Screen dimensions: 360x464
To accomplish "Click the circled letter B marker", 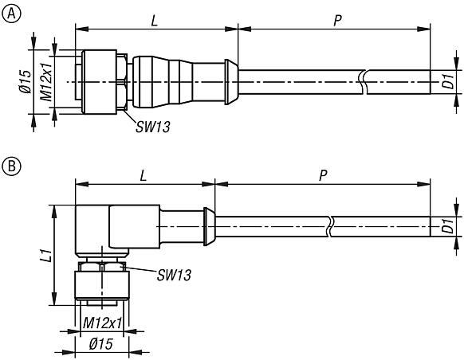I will pos(10,167).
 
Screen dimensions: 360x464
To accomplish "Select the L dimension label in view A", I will pos(155,19).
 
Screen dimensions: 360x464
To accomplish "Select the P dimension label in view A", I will pos(338,19).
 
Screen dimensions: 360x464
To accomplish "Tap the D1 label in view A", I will pos(448,80).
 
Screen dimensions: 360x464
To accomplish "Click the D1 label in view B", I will pos(448,227).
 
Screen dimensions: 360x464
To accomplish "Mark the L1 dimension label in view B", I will pos(45,255).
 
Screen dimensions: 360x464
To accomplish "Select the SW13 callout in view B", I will pos(174,275).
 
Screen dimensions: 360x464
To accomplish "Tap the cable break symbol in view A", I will pos(363,80).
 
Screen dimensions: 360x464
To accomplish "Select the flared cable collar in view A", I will pos(231,80).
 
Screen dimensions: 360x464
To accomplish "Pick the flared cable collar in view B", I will pos(209,226).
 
